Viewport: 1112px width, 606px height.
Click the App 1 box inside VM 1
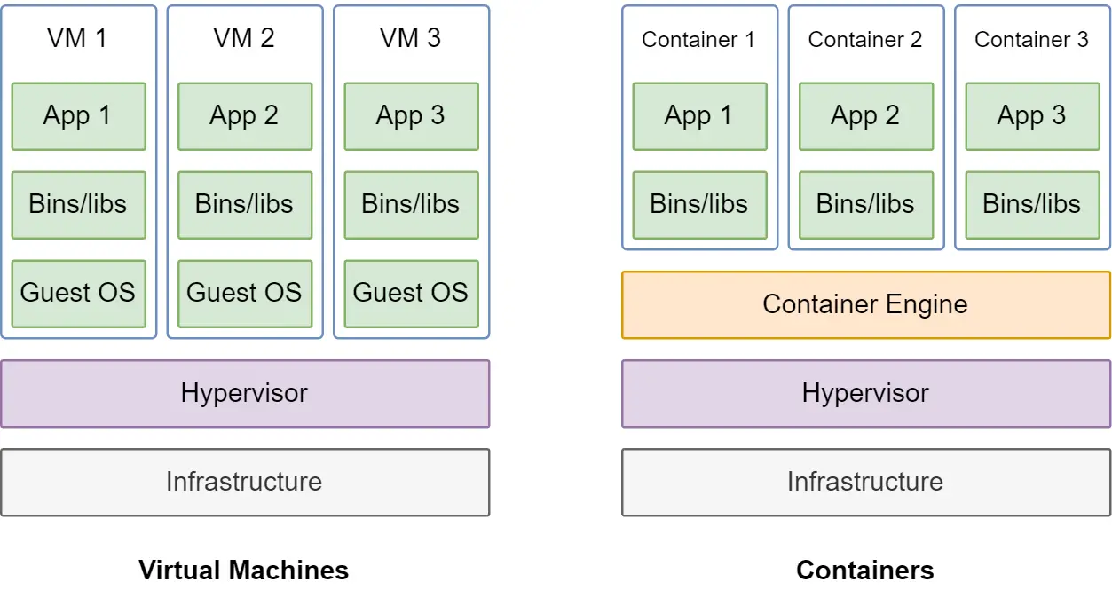78,116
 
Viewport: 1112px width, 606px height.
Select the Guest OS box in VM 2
245,294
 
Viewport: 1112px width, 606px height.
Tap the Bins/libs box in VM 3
411,205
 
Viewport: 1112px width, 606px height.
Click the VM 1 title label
77,38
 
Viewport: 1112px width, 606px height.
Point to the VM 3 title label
410,38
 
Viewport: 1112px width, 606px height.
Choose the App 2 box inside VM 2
245,116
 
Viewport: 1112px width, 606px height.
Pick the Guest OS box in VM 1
78,294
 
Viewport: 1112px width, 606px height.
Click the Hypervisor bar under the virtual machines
245,394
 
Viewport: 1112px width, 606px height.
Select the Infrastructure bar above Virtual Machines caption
245,483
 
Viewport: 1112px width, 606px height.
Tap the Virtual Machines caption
244,570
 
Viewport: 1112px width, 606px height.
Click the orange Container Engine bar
866,304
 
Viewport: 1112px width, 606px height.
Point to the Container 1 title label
698,40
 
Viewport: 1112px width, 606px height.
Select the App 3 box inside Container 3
1033,116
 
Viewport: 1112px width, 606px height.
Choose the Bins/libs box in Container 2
866,205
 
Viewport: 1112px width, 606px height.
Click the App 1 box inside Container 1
700,116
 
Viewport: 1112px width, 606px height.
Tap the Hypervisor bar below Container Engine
866,394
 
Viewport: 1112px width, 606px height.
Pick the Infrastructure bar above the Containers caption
866,483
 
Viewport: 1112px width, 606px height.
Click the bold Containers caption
865,570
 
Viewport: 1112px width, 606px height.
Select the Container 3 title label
1031,40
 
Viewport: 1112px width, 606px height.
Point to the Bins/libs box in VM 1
78,205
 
